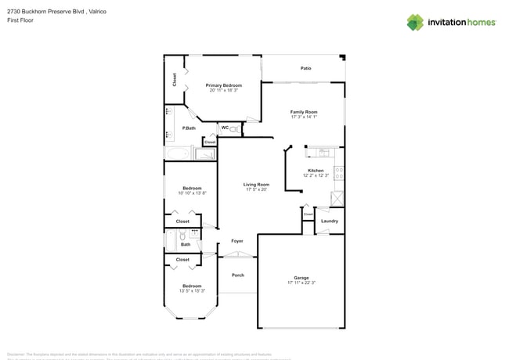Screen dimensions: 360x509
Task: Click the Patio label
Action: (305, 69)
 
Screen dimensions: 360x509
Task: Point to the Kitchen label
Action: (316, 170)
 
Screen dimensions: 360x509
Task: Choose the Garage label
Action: (301, 277)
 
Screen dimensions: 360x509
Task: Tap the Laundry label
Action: (330, 221)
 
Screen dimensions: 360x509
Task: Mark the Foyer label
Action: (236, 241)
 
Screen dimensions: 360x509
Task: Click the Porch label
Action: (237, 275)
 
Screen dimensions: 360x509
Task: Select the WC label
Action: (225, 128)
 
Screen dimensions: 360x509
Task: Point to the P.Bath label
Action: (189, 128)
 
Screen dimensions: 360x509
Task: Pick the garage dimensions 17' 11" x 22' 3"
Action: (301, 283)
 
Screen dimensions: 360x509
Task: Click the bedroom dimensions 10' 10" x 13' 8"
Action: (193, 193)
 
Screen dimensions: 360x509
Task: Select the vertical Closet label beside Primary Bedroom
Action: (174, 80)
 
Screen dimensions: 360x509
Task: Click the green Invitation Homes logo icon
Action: (416, 22)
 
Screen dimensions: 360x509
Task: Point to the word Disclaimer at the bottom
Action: (16, 354)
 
